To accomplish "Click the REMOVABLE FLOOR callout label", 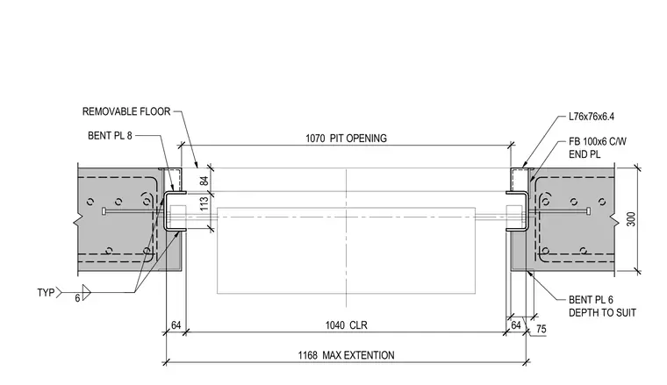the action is point(126,111).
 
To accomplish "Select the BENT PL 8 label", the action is point(110,136).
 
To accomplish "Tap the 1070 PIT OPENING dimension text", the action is point(346,139).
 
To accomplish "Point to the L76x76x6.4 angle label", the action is point(592,117).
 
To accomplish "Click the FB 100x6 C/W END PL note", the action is point(598,148).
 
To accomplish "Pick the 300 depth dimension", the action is point(631,219).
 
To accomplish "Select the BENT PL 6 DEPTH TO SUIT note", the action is point(602,306).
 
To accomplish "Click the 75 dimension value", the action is point(541,329).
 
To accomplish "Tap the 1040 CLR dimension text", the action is point(346,325).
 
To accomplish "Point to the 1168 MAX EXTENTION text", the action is point(346,355).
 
